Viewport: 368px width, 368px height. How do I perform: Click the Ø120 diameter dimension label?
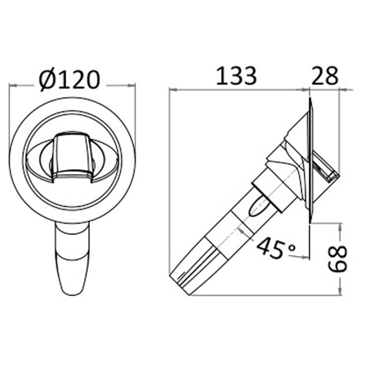pyautogui.click(x=69, y=80)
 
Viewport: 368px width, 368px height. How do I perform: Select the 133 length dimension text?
pyautogui.click(x=236, y=76)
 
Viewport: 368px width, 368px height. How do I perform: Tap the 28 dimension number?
pyautogui.click(x=325, y=76)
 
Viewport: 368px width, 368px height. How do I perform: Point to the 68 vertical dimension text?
pyautogui.click(x=337, y=259)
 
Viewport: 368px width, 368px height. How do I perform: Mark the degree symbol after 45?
pyautogui.click(x=292, y=247)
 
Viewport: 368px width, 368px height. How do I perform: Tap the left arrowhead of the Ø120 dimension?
pyautogui.click(x=13, y=86)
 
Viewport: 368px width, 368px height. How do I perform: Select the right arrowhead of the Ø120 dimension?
pyautogui.click(x=132, y=86)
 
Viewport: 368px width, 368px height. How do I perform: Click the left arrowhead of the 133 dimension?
pyautogui.click(x=173, y=89)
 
